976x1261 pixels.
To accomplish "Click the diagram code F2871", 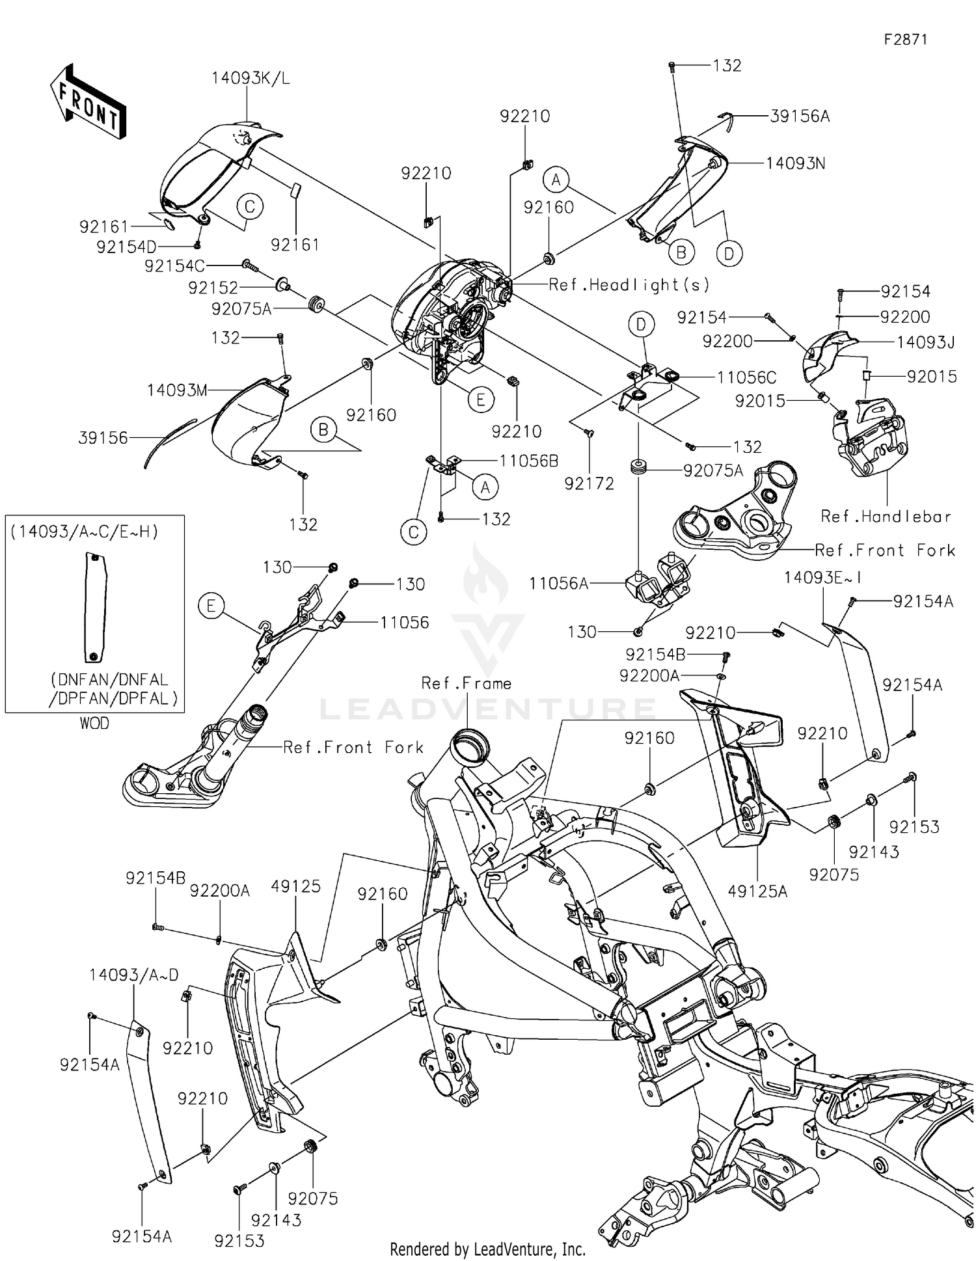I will point(905,39).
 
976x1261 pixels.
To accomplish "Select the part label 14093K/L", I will point(251,79).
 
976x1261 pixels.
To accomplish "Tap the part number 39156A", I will point(800,116).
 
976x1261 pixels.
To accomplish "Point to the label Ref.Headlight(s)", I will point(629,284).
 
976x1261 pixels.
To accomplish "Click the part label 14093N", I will point(795,163).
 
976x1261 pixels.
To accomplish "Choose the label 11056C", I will point(746,377).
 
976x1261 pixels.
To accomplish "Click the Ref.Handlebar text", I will point(886,517).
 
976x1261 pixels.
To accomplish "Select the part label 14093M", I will point(177,390).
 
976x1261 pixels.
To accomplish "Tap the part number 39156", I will point(103,438).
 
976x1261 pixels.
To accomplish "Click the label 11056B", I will point(528,461).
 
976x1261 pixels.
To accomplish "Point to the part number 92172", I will point(589,483).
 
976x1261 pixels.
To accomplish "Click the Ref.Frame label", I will point(466,683).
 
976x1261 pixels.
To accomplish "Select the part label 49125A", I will point(757,891).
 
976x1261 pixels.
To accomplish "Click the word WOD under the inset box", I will point(94,724).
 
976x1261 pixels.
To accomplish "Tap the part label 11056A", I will point(558,584).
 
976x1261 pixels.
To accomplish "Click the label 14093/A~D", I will point(133,975).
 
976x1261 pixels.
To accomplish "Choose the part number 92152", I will point(213,288).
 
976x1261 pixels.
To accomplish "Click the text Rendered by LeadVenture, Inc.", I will point(487,1249).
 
